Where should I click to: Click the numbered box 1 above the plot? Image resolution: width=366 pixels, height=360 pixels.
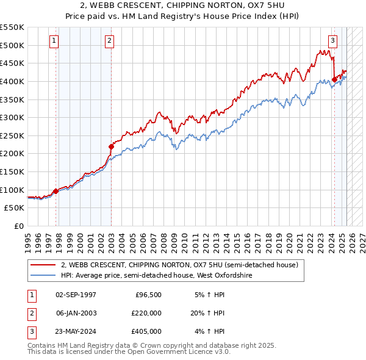(x=54, y=41)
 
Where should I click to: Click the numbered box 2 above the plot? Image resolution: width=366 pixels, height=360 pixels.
(x=109, y=41)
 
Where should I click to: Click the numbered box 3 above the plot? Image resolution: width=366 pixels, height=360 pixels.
(x=332, y=41)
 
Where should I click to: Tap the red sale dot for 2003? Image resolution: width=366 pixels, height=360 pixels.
(x=112, y=146)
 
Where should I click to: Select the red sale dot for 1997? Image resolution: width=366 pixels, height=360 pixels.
(x=56, y=191)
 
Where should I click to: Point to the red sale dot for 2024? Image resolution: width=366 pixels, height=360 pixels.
(x=334, y=79)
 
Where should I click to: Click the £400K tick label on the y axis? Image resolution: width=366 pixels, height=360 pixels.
(x=12, y=81)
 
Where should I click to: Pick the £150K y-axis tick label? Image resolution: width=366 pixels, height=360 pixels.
(x=12, y=171)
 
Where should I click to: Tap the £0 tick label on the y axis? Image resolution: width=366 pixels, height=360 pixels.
(x=18, y=226)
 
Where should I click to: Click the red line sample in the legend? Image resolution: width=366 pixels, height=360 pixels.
(x=43, y=265)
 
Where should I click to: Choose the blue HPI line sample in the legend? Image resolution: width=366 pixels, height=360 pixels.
(x=43, y=276)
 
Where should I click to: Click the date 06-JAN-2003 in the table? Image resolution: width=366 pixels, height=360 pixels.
(x=76, y=313)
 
